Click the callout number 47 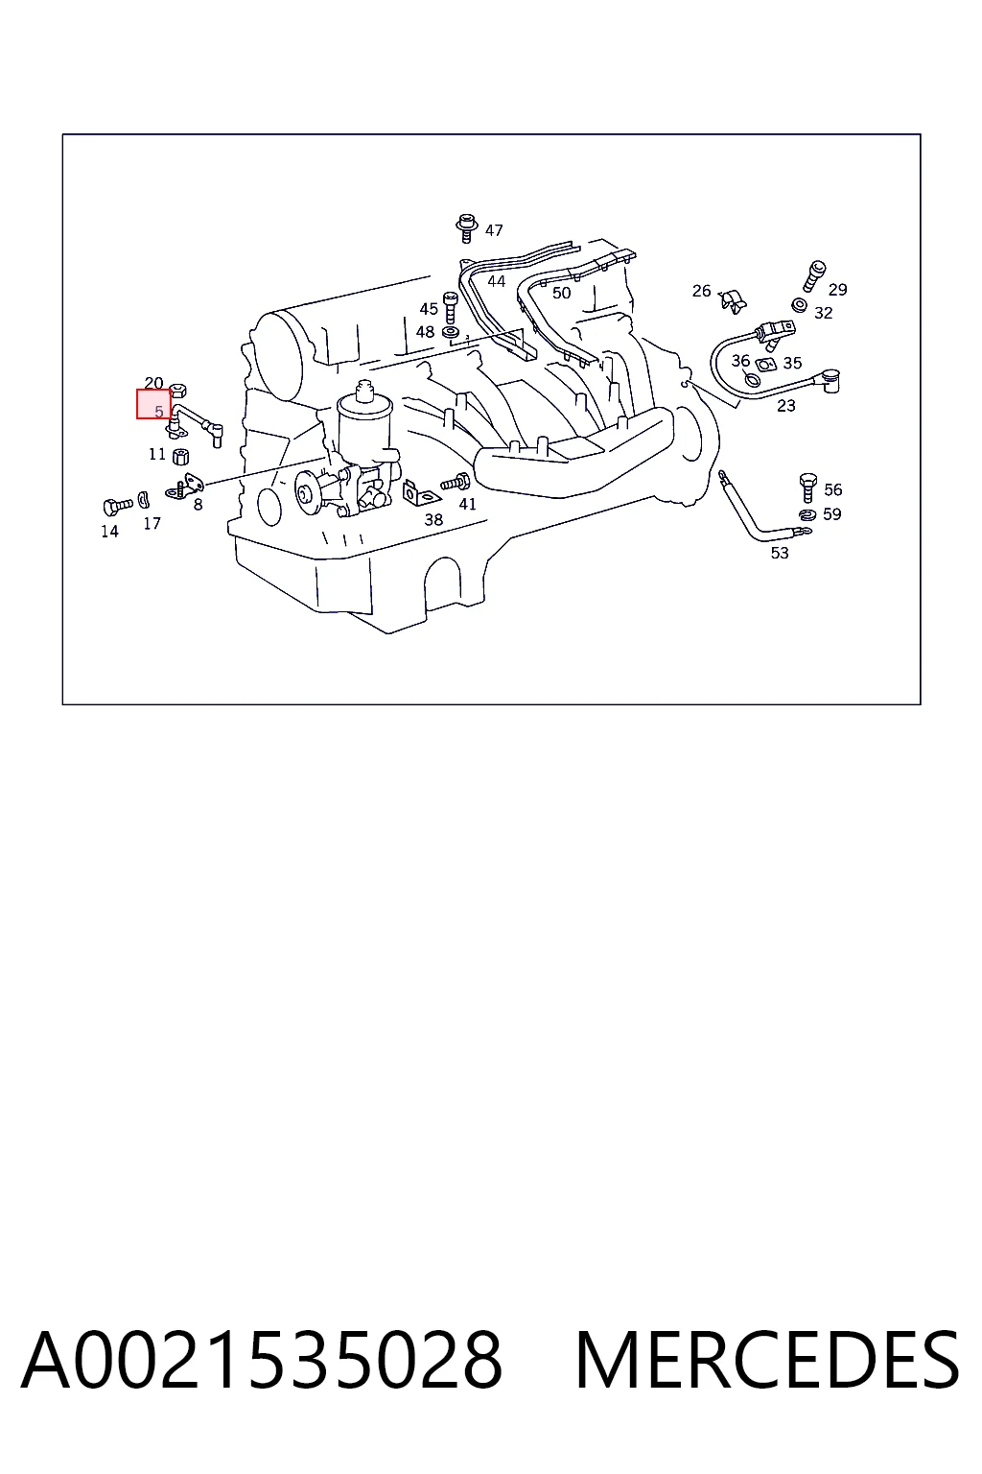(x=493, y=230)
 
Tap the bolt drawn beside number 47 (x=466, y=227)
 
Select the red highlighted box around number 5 (x=153, y=404)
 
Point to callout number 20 (x=153, y=383)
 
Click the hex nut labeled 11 (x=180, y=456)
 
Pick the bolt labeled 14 (x=118, y=506)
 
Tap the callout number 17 (x=152, y=524)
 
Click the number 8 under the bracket (x=198, y=505)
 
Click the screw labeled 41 (x=456, y=483)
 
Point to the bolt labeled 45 (x=450, y=307)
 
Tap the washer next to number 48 (x=451, y=332)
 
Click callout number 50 (x=561, y=293)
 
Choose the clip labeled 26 (x=732, y=301)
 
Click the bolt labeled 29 (x=814, y=276)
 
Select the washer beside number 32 (x=799, y=305)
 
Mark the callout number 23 (x=786, y=406)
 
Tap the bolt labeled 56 (x=807, y=487)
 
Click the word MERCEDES (x=767, y=1360)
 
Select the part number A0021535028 (x=262, y=1360)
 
